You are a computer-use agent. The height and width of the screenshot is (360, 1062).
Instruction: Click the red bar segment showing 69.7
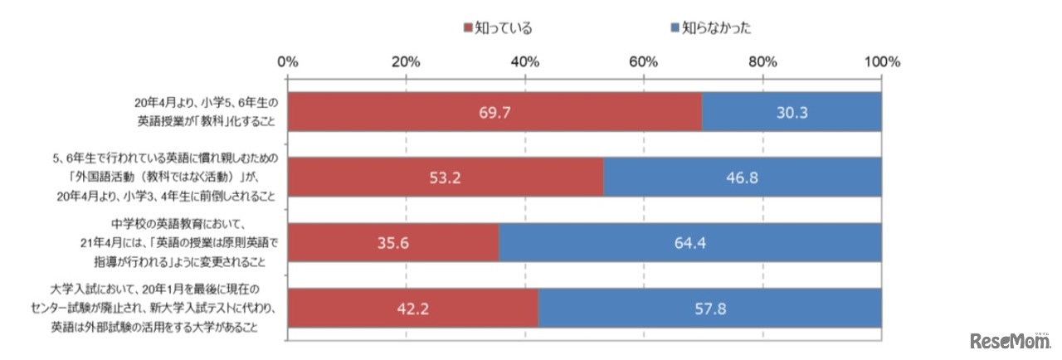click(494, 113)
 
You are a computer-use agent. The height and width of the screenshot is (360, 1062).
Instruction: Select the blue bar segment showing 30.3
click(792, 113)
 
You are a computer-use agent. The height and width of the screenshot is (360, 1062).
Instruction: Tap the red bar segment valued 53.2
click(446, 177)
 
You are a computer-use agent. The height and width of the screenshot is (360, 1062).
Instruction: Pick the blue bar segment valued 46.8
click(743, 177)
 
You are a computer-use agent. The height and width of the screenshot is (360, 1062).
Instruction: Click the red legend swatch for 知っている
click(467, 27)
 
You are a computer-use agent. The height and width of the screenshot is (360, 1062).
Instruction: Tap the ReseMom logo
click(1007, 342)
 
